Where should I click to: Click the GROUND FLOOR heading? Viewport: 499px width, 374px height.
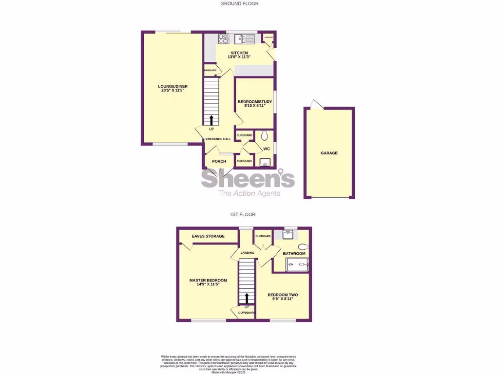[x=239, y=3]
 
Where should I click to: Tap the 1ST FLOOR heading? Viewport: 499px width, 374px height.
[x=243, y=214]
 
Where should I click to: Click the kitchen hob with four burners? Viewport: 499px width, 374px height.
[x=217, y=38]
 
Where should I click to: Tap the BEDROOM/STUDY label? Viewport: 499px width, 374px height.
[x=251, y=102]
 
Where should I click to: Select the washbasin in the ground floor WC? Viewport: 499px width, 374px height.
[x=265, y=162]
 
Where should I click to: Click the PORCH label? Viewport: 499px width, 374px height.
[x=219, y=161]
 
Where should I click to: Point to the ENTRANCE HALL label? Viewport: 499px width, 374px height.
[x=218, y=139]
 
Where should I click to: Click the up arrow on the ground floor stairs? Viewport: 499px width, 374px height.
[x=211, y=120]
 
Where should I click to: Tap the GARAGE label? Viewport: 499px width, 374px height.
[x=329, y=153]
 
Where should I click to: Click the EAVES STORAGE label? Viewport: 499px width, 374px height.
[x=208, y=236]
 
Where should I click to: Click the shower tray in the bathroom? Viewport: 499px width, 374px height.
[x=297, y=265]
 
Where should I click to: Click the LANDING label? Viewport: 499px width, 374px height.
[x=248, y=253]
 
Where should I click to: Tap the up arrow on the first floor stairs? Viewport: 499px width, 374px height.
[x=247, y=298]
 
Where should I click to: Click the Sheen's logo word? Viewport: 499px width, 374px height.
[x=248, y=180]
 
